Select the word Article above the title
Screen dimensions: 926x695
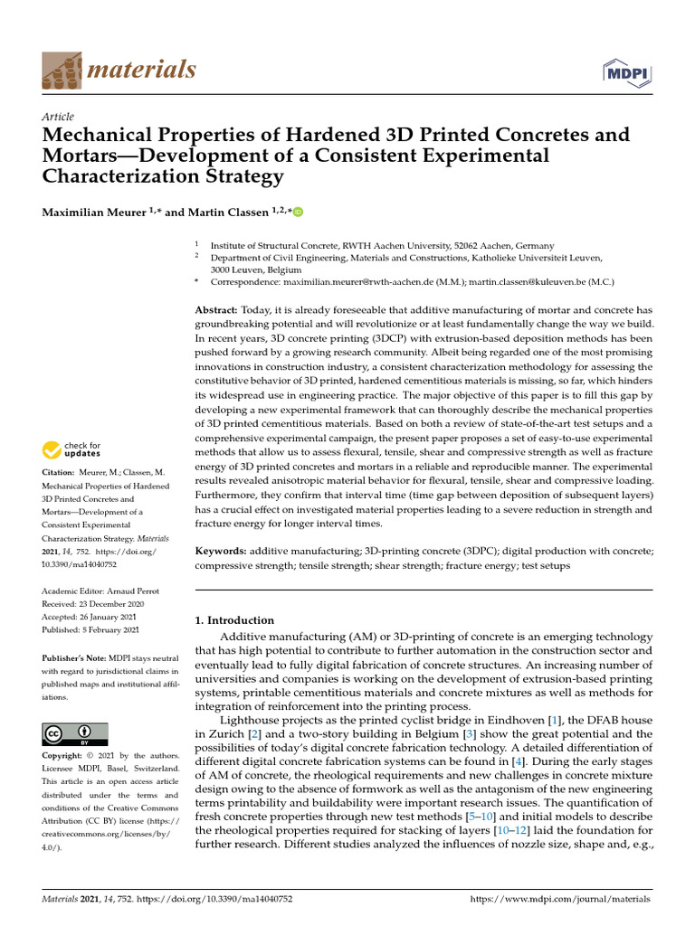pyautogui.click(x=58, y=117)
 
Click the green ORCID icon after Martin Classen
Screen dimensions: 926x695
pyautogui.click(x=298, y=212)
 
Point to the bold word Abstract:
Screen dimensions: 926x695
pyautogui.click(x=217, y=309)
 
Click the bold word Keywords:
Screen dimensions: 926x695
pyautogui.click(x=222, y=550)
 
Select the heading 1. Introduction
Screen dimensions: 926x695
pyautogui.click(x=234, y=620)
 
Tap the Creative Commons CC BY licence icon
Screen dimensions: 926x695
pyautogui.click(x=75, y=733)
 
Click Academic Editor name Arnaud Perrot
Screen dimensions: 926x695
pyautogui.click(x=135, y=591)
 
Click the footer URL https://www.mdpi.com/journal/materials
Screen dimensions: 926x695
pyautogui.click(x=561, y=900)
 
